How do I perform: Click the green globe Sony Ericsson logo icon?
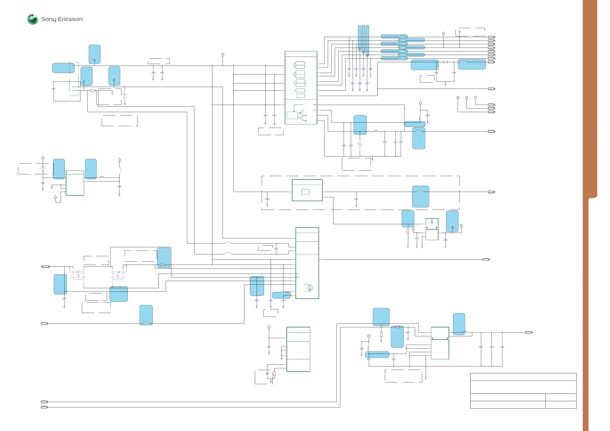pyautogui.click(x=33, y=19)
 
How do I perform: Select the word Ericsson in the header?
pyautogui.click(x=70, y=19)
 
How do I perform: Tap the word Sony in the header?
pyautogui.click(x=49, y=19)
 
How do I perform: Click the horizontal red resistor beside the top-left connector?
pyautogui.click(x=93, y=91)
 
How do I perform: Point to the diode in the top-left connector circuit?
pyautogui.click(x=125, y=96)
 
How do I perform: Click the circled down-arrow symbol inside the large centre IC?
pyautogui.click(x=310, y=288)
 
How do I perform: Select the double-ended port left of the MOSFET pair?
pyautogui.click(x=45, y=267)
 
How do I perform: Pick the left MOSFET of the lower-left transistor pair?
pyautogui.click(x=78, y=274)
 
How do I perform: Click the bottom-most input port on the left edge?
pyautogui.click(x=44, y=407)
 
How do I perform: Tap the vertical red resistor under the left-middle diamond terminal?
pyautogui.click(x=43, y=169)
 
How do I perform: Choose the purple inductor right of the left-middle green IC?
pyautogui.click(x=101, y=177)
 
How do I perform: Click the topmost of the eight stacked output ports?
pyautogui.click(x=491, y=37)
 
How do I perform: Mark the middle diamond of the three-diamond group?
pyautogui.click(x=467, y=98)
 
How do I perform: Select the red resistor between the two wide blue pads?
pyautogui.click(x=445, y=62)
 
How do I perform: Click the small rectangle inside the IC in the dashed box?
pyautogui.click(x=306, y=192)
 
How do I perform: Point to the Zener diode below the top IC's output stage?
pyautogui.click(x=360, y=146)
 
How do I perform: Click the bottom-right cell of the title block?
pyautogui.click(x=561, y=404)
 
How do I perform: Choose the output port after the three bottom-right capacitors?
pyautogui.click(x=529, y=332)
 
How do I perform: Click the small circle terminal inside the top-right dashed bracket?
pyautogui.click(x=459, y=32)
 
